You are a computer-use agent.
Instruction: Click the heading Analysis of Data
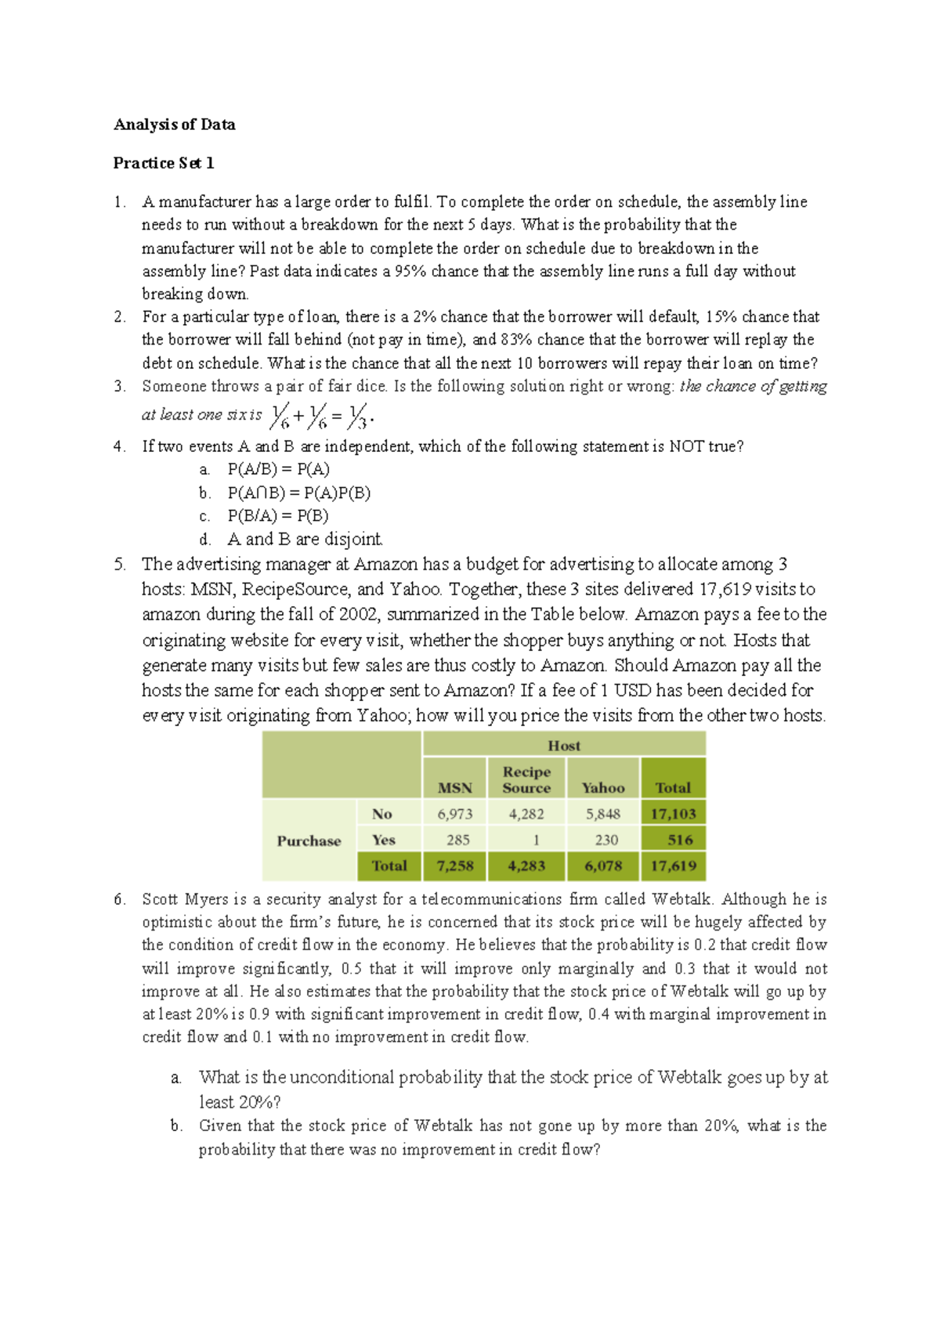coord(174,125)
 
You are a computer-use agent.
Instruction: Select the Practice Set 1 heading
coord(163,163)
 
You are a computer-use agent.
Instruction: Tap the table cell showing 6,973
coord(454,814)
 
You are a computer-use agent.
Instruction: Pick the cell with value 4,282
coord(526,814)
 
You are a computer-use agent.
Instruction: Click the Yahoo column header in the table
coord(602,788)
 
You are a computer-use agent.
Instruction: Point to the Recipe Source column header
coord(526,779)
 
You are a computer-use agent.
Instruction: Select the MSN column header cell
coord(454,788)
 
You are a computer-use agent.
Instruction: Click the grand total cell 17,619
coord(673,866)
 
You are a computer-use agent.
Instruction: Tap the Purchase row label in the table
coord(309,840)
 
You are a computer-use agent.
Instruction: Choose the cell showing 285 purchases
coord(457,840)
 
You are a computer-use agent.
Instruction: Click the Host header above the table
coord(564,746)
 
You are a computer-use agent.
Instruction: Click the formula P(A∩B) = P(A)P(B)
coord(298,493)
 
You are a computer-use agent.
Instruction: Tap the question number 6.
coord(119,899)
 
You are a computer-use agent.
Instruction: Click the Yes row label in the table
coord(383,840)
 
